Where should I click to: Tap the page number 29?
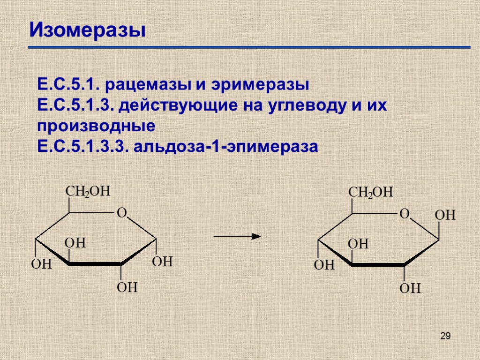point(446,336)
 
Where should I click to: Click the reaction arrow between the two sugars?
point(237,236)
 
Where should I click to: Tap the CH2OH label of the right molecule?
point(371,193)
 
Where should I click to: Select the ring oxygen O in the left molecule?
point(121,213)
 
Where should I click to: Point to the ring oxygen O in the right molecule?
point(404,214)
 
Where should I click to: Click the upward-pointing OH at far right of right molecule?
point(445,216)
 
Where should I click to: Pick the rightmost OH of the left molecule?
point(163,262)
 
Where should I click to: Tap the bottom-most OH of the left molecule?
point(127,287)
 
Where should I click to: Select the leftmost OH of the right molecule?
point(324,265)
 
